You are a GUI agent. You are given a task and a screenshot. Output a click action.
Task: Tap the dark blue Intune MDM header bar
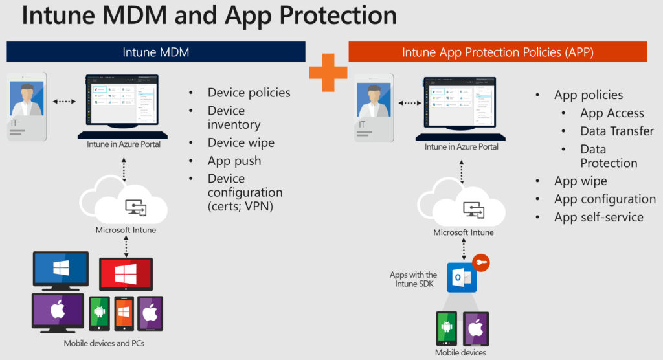click(x=155, y=52)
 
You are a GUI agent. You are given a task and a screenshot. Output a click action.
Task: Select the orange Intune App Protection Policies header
click(x=498, y=52)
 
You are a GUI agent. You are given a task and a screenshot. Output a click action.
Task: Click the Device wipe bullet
click(x=241, y=142)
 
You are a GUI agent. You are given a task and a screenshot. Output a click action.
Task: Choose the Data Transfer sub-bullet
click(x=617, y=131)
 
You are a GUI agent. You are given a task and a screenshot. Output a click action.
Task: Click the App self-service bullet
click(x=599, y=217)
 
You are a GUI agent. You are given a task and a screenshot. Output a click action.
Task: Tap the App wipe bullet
click(x=581, y=181)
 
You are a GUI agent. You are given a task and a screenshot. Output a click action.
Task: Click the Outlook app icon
click(x=462, y=278)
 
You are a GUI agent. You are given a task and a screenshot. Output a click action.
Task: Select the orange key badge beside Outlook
click(x=481, y=263)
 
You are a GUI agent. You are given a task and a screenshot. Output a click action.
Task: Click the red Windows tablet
click(x=126, y=274)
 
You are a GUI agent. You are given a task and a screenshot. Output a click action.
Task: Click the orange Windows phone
click(x=124, y=314)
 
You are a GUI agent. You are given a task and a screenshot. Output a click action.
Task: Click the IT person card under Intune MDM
click(x=27, y=106)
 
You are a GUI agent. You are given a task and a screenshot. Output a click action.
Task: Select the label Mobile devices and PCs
click(x=104, y=343)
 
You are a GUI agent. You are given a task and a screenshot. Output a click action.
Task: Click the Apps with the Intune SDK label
click(x=413, y=279)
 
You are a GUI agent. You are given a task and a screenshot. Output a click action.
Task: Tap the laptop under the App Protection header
click(x=462, y=109)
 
